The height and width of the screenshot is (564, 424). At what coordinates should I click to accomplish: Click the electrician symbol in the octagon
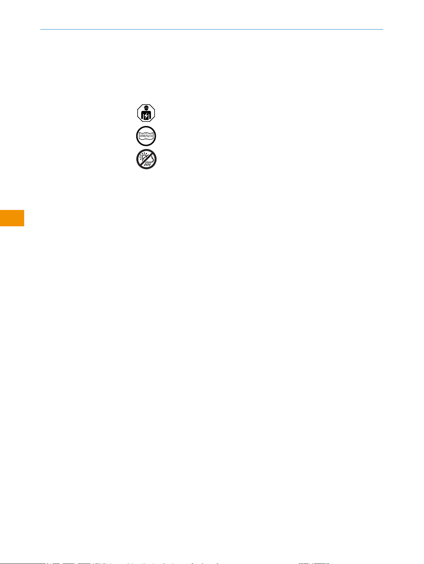pyautogui.click(x=146, y=114)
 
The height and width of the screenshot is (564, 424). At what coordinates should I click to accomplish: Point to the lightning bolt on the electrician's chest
pyautogui.click(x=146, y=116)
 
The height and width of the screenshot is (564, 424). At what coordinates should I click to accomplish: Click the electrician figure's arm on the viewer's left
pyautogui.click(x=142, y=116)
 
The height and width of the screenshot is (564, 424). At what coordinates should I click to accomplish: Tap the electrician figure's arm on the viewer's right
pyautogui.click(x=151, y=116)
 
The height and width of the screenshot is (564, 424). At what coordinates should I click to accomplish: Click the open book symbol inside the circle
pyautogui.click(x=146, y=136)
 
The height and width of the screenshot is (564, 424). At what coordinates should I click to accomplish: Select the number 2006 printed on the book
pyautogui.click(x=142, y=136)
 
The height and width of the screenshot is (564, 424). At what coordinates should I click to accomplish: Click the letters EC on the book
pyautogui.click(x=152, y=136)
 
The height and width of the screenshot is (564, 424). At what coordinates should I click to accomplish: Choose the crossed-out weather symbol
pyautogui.click(x=147, y=159)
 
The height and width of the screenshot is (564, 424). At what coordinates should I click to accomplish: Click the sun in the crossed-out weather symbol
pyautogui.click(x=144, y=157)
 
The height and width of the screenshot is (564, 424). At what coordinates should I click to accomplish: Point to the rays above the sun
pyautogui.click(x=144, y=153)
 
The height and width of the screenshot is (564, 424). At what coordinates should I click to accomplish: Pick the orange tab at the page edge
pyautogui.click(x=12, y=218)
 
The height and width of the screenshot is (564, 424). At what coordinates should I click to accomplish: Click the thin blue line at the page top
pyautogui.click(x=211, y=29)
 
